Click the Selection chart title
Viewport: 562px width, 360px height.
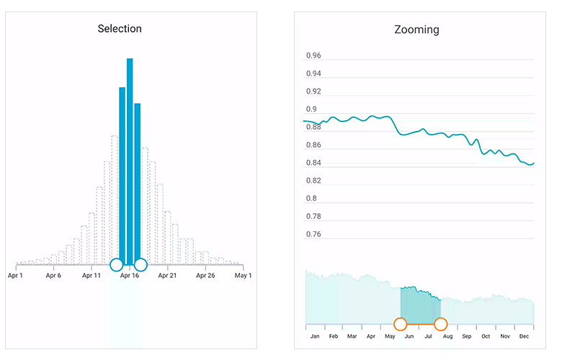click(x=120, y=29)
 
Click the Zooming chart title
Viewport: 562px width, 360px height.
click(x=416, y=30)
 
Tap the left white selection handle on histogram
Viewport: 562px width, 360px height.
click(x=116, y=264)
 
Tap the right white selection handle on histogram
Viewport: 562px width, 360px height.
click(x=140, y=264)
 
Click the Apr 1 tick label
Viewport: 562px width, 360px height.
click(x=15, y=275)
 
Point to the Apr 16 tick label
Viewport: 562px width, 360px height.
click(x=130, y=275)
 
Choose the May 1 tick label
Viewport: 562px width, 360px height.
click(x=244, y=275)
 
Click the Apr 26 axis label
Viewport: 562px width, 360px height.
click(x=205, y=275)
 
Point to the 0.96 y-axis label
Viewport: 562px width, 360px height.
click(x=313, y=56)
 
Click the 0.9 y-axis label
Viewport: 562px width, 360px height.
click(x=311, y=109)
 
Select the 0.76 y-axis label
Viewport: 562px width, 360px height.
click(x=313, y=234)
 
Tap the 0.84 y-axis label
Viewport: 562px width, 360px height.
click(x=313, y=163)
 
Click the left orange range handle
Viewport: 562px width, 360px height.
click(x=401, y=323)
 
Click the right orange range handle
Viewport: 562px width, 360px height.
click(x=441, y=323)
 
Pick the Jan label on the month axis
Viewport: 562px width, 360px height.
click(x=314, y=336)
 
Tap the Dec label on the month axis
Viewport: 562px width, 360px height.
click(x=524, y=336)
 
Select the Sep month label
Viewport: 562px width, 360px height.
click(x=467, y=336)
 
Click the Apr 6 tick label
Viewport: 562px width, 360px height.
click(x=53, y=275)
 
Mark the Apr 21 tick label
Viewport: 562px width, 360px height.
click(x=167, y=275)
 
